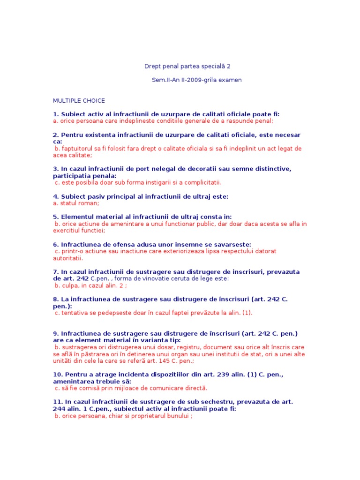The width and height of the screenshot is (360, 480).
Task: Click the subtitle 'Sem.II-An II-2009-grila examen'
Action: [197, 80]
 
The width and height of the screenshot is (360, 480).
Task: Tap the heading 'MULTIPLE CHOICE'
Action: [79, 100]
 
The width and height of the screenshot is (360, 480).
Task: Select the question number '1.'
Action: [56, 114]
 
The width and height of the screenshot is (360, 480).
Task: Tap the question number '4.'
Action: [56, 196]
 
